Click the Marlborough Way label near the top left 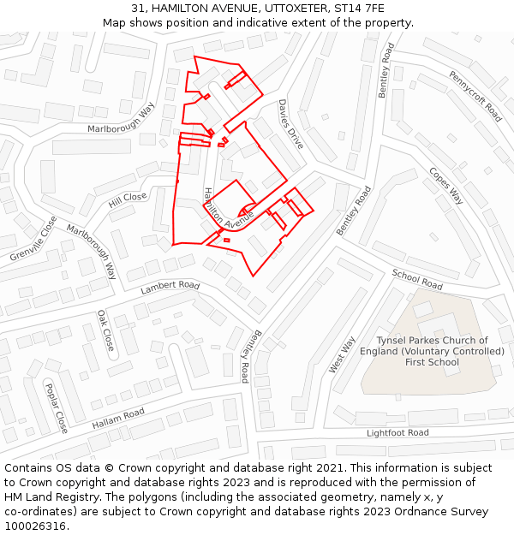(x=121, y=120)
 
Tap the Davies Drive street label (x=290, y=124)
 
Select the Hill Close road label (x=127, y=199)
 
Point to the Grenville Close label (x=33, y=238)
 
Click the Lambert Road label (x=170, y=287)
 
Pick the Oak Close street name (x=105, y=330)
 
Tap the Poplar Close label (x=56, y=407)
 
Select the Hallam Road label (x=118, y=418)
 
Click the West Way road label (x=342, y=354)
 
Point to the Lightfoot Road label (x=397, y=433)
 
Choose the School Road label (x=417, y=278)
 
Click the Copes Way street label (x=445, y=185)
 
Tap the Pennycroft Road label (x=475, y=96)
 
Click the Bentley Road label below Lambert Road (x=249, y=355)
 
